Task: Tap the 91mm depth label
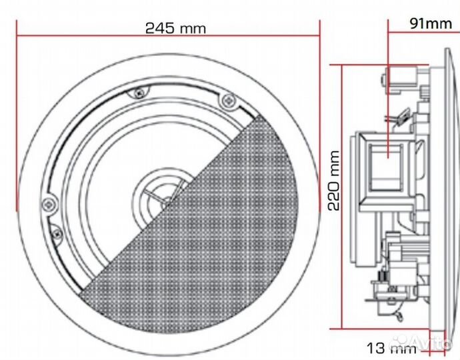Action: point(431,24)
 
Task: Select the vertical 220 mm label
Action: point(334,180)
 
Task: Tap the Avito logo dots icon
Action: point(401,344)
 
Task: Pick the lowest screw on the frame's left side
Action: point(56,233)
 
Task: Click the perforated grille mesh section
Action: point(220,220)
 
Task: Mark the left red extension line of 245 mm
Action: point(17,113)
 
